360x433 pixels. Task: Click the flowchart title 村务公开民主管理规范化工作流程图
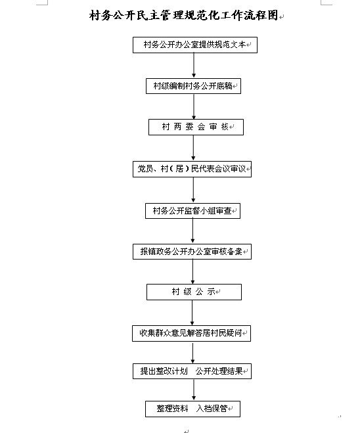pos(183,16)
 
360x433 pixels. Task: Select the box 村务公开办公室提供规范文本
pos(195,45)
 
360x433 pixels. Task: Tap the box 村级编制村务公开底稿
pos(193,86)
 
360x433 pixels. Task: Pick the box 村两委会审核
pos(196,127)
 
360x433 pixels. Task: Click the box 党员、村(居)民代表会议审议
pos(192,169)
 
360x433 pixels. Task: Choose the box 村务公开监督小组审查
pos(192,211)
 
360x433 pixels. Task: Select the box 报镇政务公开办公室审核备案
pos(192,252)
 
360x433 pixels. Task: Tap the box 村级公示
pos(194,292)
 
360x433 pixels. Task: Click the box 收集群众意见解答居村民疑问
pos(192,334)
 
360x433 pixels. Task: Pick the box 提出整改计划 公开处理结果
pos(192,371)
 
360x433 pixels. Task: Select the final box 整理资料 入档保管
pos(192,409)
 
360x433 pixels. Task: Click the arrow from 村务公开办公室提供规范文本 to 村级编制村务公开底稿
pos(194,66)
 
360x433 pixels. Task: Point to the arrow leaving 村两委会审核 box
pos(193,148)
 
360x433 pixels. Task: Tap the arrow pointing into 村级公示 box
pos(192,272)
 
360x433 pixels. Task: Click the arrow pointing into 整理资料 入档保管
pos(194,390)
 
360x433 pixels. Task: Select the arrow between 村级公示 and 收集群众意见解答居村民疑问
pos(192,313)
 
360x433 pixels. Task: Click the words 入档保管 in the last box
pos(212,409)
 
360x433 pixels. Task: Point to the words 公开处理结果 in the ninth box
pos(219,371)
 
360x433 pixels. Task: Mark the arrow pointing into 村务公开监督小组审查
pos(193,190)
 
